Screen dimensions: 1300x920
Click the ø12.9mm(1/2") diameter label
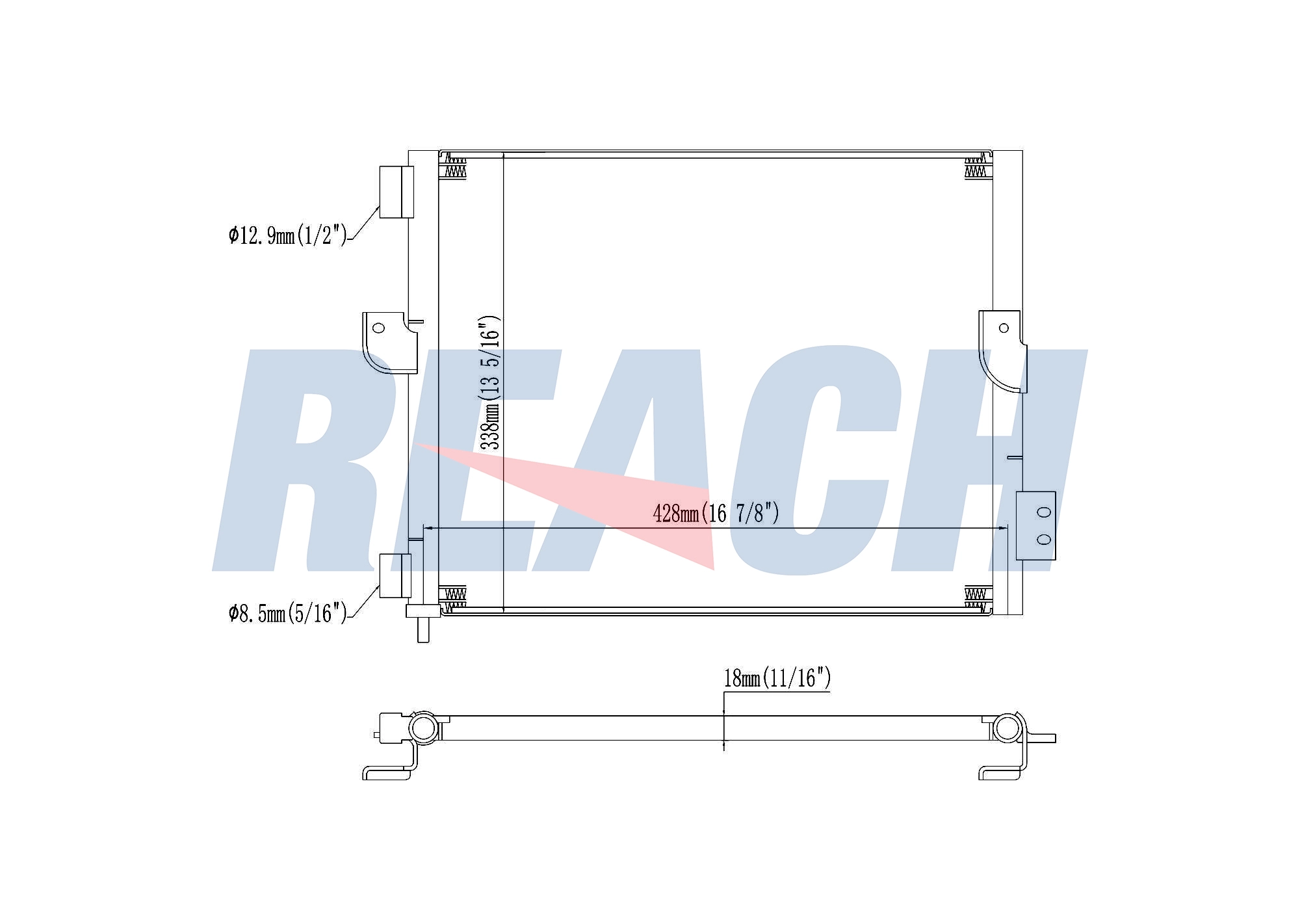coord(288,235)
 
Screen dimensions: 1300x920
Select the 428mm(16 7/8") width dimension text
coord(716,513)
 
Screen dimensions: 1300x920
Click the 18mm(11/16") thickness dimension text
coord(777,678)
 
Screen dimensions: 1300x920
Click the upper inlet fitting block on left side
coord(396,192)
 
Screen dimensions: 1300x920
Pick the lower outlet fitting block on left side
coord(395,575)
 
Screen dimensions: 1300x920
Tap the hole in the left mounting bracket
coord(378,327)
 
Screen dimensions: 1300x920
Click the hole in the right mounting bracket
coord(1004,328)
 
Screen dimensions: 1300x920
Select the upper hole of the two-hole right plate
coord(1044,512)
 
